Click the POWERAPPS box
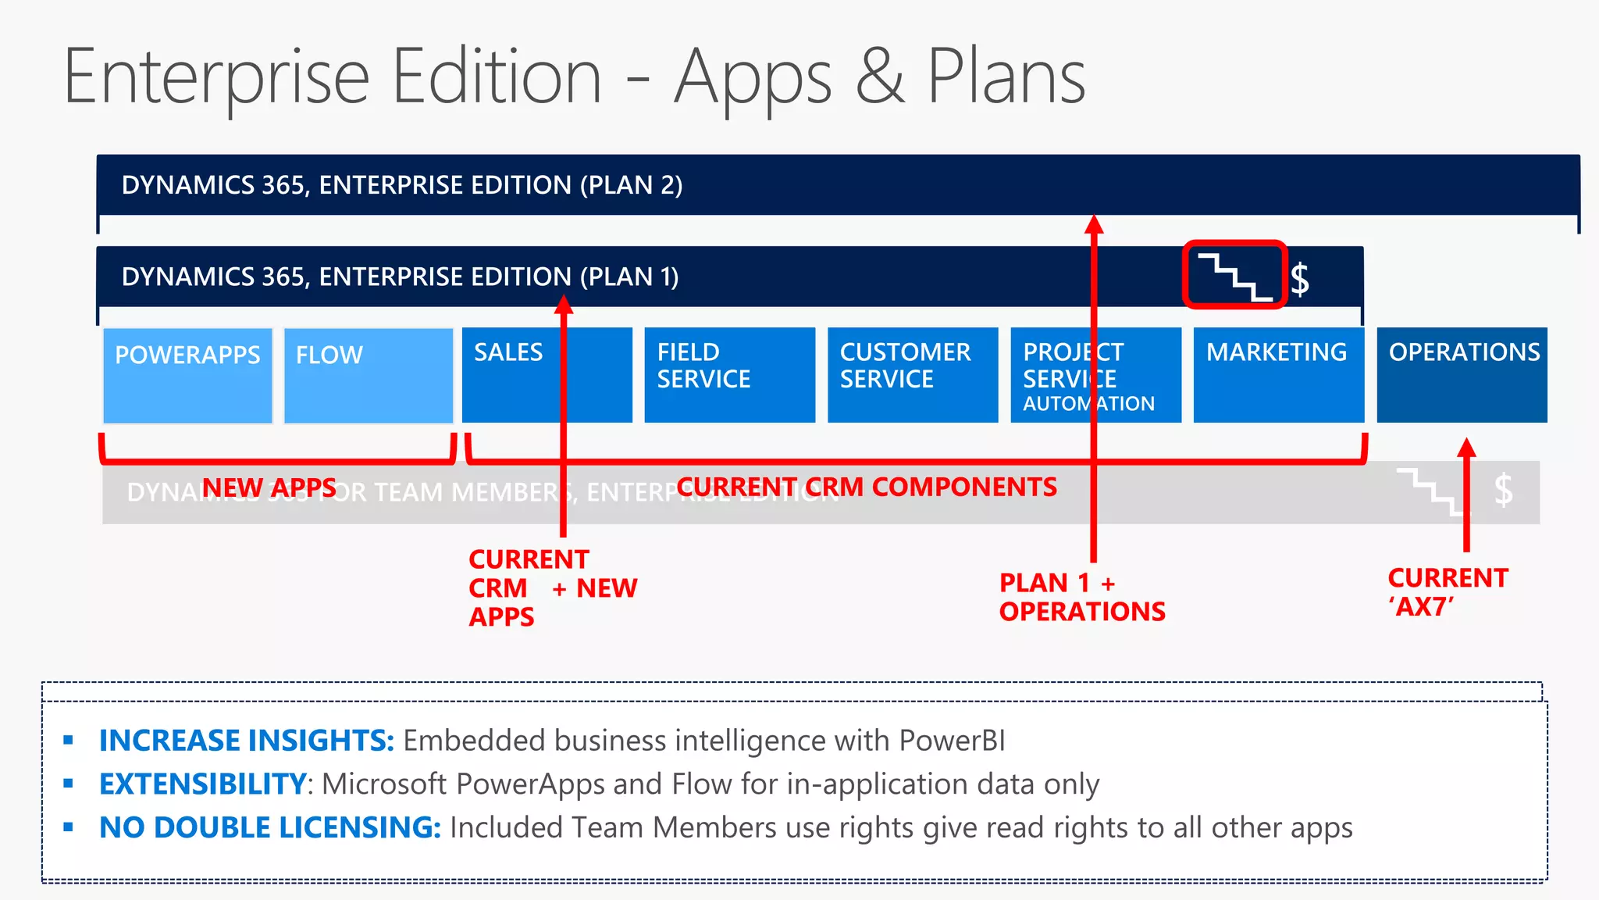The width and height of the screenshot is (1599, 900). [x=187, y=376]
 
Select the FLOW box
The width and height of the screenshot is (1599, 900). [x=368, y=376]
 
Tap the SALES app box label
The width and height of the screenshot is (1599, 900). [x=508, y=352]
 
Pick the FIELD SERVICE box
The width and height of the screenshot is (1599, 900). [x=729, y=375]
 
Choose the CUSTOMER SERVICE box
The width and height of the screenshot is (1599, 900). [x=912, y=375]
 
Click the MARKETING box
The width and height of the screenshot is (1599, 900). [x=1278, y=375]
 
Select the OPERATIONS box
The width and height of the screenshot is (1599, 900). [x=1462, y=375]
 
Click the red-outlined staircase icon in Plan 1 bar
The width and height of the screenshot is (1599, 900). [x=1234, y=275]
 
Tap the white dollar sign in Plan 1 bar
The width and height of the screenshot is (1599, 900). [x=1300, y=279]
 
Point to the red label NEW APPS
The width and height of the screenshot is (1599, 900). [x=269, y=487]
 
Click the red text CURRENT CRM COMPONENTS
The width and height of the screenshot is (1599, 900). [x=867, y=487]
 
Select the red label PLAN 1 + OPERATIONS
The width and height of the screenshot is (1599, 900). [x=1081, y=597]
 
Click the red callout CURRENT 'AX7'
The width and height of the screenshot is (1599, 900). [x=1447, y=591]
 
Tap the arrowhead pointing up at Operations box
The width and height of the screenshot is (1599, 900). [x=1466, y=448]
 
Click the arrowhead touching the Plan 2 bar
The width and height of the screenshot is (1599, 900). [x=1094, y=224]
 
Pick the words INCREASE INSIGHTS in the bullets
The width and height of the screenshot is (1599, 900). [x=247, y=741]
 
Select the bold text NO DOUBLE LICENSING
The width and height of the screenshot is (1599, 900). [x=270, y=827]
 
